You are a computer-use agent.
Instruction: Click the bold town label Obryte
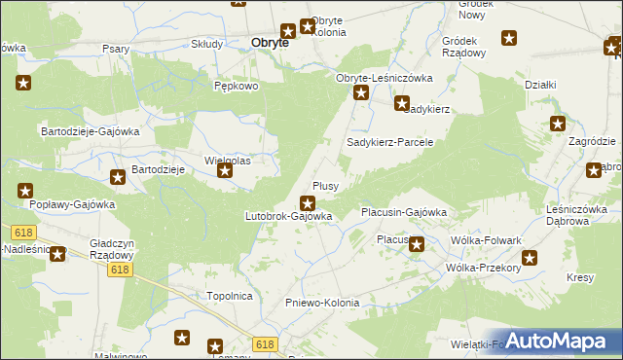coord(270,43)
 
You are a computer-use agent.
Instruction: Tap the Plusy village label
coord(325,185)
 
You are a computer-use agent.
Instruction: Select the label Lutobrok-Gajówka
coord(289,216)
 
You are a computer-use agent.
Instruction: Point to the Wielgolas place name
coord(227,161)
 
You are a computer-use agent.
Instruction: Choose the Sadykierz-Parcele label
coord(389,142)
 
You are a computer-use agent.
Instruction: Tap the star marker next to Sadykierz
coord(401,103)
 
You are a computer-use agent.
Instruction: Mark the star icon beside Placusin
coord(417,245)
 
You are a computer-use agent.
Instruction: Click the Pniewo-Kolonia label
coord(322,303)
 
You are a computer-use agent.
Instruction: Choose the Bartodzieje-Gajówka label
coord(91,130)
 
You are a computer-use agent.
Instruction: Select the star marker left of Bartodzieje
coord(117,177)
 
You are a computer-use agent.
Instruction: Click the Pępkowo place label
coord(236,86)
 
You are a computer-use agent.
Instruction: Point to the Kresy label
coord(579,278)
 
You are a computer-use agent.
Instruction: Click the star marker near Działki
coord(557,124)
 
